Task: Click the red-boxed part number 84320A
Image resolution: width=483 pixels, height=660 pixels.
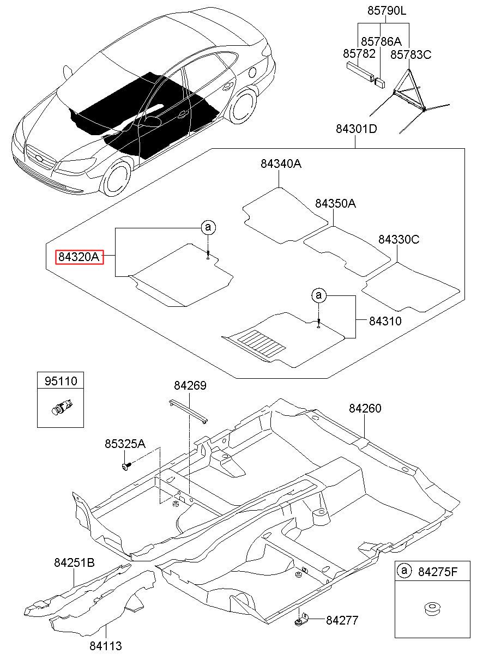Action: click(x=80, y=257)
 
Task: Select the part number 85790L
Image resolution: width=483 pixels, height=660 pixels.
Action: click(x=387, y=11)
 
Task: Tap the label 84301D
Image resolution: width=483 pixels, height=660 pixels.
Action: click(x=357, y=129)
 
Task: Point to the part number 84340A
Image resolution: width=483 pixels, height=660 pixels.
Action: click(x=281, y=164)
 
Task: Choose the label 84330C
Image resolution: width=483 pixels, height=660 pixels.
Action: click(x=399, y=240)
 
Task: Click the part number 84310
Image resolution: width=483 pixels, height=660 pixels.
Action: click(x=385, y=321)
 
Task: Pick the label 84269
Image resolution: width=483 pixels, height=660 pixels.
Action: click(x=190, y=386)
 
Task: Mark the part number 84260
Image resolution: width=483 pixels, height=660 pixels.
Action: click(x=365, y=408)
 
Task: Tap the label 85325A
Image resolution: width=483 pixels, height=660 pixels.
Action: click(x=125, y=444)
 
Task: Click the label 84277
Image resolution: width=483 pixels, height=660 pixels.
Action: click(x=342, y=621)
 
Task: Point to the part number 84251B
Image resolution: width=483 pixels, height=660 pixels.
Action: click(x=74, y=563)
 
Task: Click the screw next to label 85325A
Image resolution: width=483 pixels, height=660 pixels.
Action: click(x=126, y=466)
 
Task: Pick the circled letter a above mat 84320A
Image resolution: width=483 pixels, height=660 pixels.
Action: click(x=208, y=227)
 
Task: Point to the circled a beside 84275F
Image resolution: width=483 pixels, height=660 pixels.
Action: click(x=404, y=571)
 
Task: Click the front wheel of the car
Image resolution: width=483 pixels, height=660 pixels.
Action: click(x=116, y=179)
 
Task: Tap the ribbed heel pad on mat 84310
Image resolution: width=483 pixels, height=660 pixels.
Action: click(x=261, y=341)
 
